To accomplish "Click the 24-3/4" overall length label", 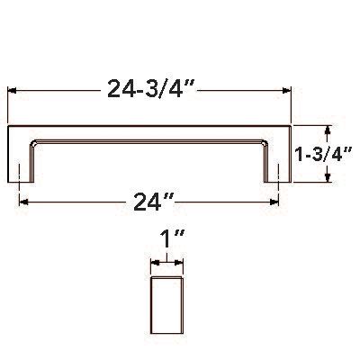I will (150, 89).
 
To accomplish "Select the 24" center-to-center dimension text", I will (151, 203).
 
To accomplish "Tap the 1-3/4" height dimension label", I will (323, 154).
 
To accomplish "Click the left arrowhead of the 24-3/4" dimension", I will (13, 89).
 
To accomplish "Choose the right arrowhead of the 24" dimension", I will (282, 202).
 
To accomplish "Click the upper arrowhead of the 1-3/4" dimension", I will (328, 129).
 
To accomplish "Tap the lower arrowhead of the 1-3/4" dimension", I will (328, 178).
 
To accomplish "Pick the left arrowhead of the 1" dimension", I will (154, 263).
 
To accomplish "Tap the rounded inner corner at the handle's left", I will (36, 142).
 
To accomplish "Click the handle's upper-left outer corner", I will (10, 126).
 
